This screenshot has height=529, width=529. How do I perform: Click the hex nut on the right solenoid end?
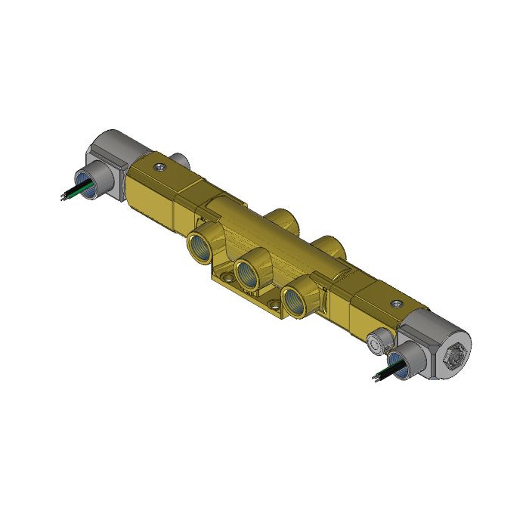coord(456,351)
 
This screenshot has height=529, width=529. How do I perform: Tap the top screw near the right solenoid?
coord(394,304)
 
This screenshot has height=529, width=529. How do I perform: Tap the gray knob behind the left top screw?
coord(181,159)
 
